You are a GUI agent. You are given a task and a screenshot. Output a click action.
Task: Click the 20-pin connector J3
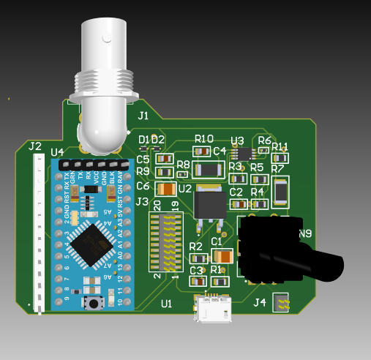click(x=165, y=241)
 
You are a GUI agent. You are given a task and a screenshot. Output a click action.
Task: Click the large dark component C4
click(x=209, y=170)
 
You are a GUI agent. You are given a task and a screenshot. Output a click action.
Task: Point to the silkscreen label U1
click(x=166, y=303)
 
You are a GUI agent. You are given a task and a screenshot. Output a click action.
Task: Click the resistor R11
click(x=280, y=157)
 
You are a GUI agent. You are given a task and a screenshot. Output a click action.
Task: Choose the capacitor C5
click(x=165, y=158)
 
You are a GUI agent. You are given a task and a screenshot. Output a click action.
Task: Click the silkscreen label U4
click(x=57, y=152)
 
